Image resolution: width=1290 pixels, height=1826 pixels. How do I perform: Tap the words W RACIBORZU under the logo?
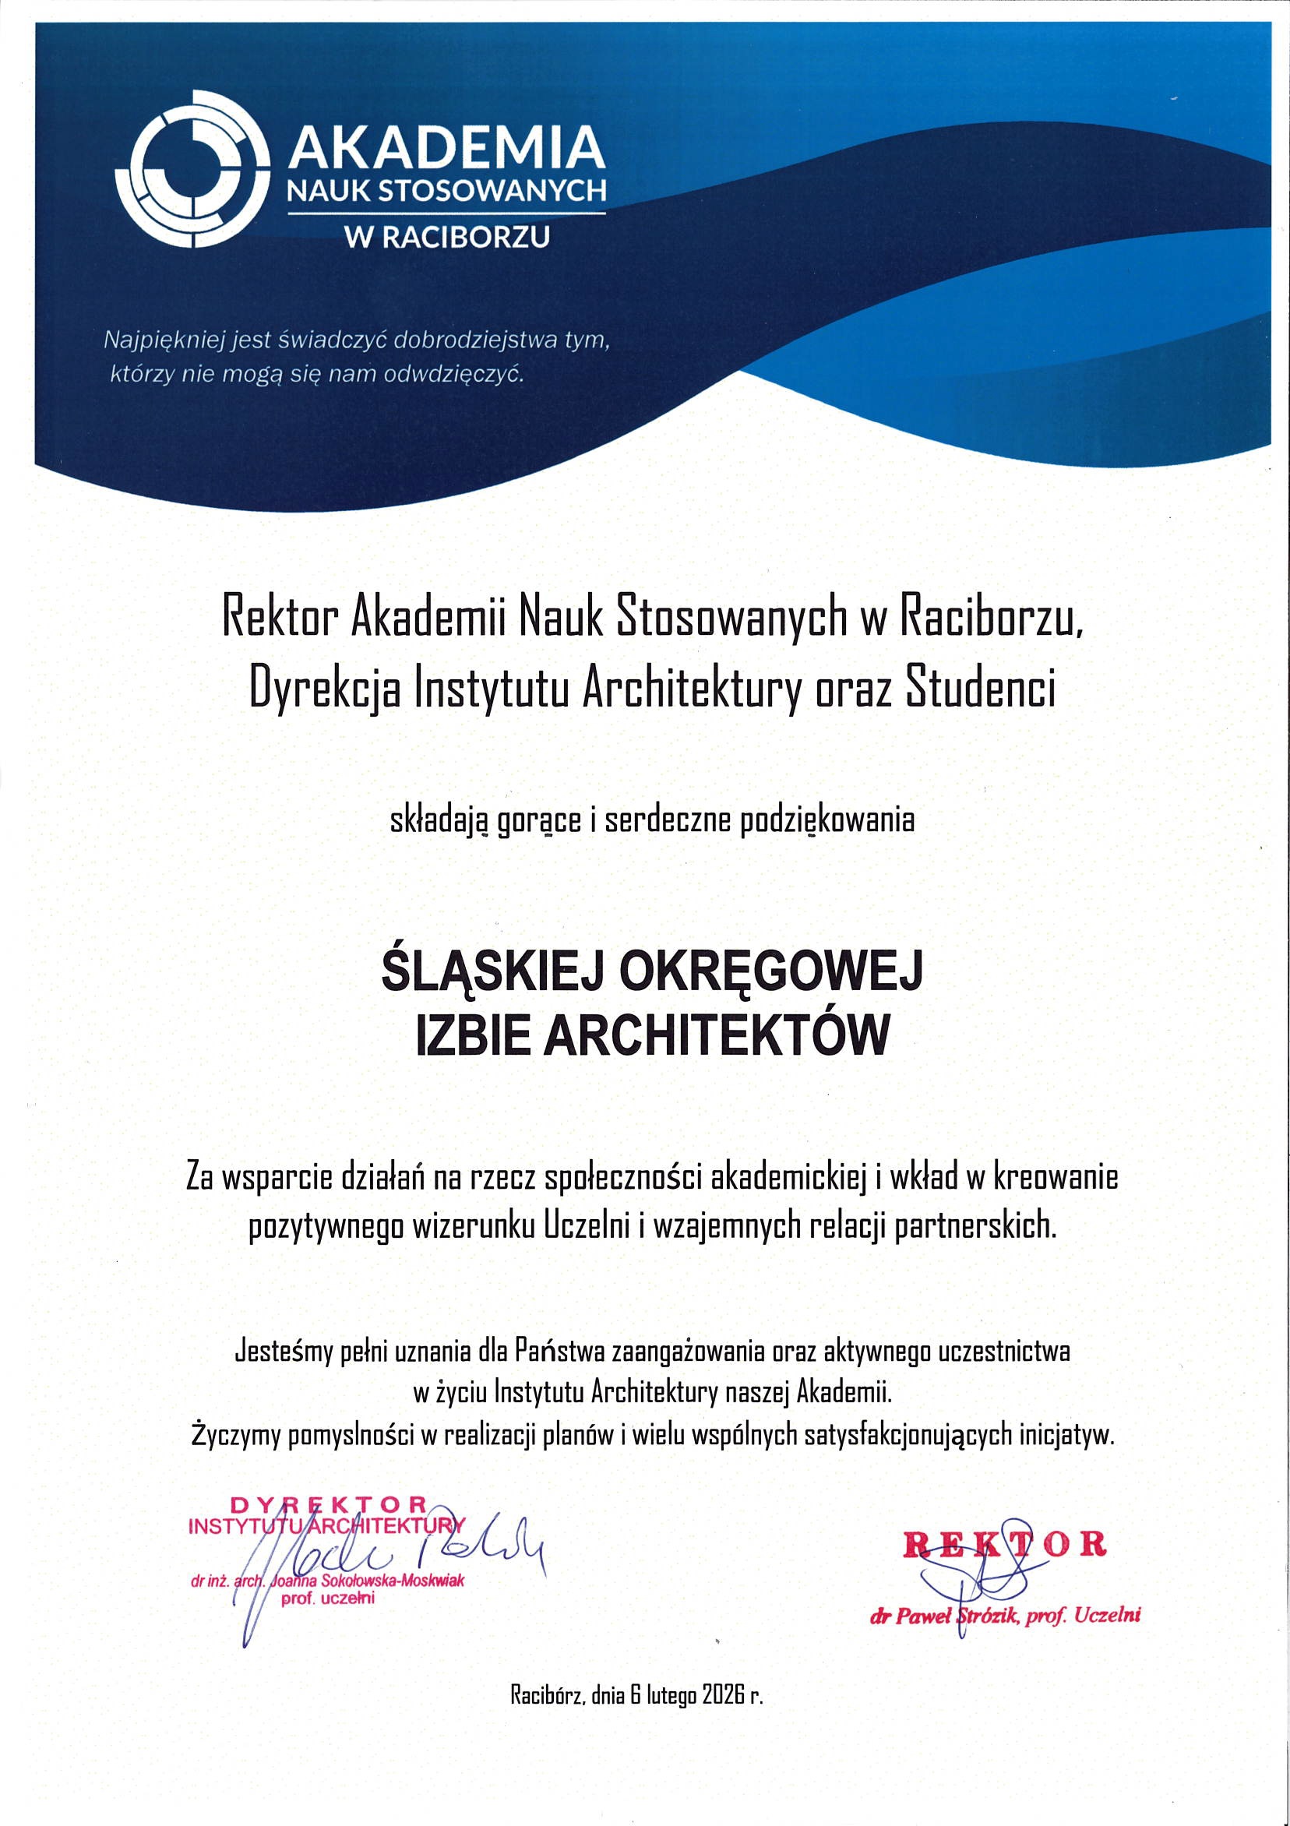click(446, 236)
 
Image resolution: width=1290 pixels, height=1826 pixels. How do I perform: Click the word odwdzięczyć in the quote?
click(454, 374)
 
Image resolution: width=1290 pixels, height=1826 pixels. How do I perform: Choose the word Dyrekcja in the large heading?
click(326, 687)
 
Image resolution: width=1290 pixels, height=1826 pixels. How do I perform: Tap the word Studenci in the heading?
click(982, 687)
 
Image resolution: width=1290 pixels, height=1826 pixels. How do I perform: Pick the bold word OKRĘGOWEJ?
click(770, 973)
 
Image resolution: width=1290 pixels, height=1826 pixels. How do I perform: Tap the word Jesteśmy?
click(282, 1352)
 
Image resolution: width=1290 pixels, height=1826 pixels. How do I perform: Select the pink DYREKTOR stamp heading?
click(329, 1505)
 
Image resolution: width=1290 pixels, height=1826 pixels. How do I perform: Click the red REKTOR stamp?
click(1004, 1544)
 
